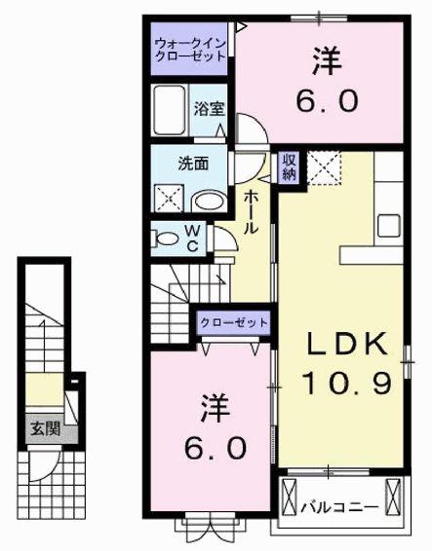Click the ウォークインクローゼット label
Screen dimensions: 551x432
190,50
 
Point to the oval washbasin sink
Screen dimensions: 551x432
207,201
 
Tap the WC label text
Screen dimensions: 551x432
193,237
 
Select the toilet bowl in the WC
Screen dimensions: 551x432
167,237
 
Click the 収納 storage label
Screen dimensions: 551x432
291,167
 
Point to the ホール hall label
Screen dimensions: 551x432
252,209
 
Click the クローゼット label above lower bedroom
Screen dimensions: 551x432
235,322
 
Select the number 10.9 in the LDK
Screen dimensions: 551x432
349,384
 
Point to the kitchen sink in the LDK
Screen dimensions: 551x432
389,224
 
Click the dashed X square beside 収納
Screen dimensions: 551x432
323,166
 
